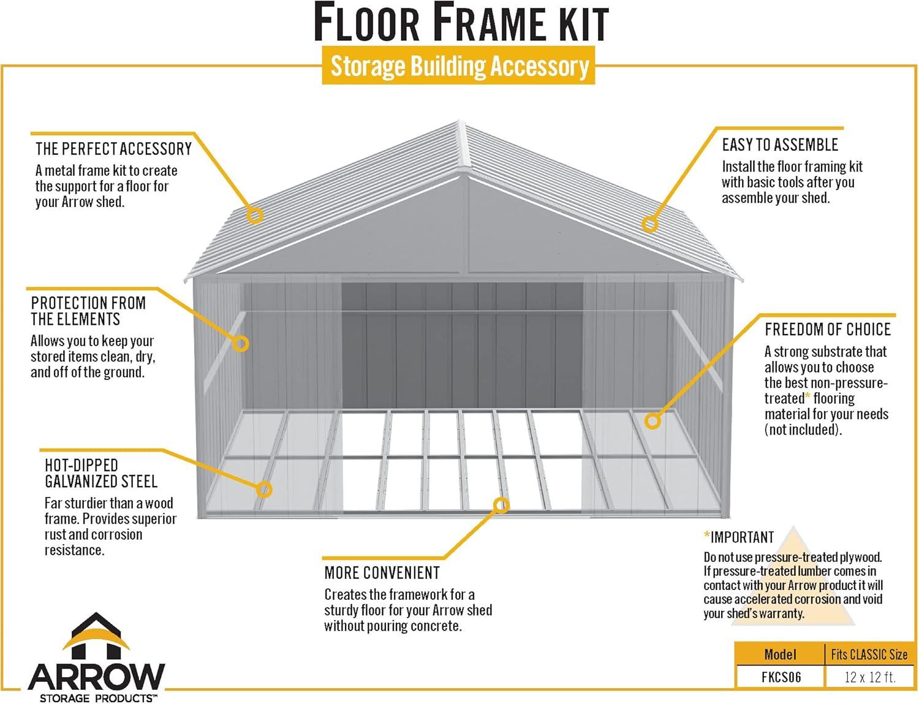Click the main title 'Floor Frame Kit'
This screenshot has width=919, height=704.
[x=461, y=23]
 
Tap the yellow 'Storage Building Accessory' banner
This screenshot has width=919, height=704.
[x=459, y=66]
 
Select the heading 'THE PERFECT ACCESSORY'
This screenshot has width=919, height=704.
[x=113, y=149]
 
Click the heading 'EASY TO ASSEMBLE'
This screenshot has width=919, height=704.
[x=779, y=145]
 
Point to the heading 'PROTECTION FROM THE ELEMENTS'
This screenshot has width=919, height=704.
[x=88, y=311]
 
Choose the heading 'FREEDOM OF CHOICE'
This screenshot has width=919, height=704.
[x=827, y=330]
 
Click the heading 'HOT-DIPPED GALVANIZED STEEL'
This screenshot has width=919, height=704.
[x=100, y=473]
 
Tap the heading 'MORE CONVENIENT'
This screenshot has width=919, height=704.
[x=382, y=573]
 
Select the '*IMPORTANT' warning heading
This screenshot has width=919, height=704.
[x=739, y=537]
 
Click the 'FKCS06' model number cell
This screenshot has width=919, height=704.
[x=781, y=677]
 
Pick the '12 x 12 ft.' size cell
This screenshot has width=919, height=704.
[x=869, y=677]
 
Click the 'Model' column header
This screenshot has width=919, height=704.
[x=780, y=654]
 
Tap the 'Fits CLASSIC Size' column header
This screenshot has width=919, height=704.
[x=869, y=654]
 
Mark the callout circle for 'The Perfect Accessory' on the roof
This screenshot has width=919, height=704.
[x=255, y=215]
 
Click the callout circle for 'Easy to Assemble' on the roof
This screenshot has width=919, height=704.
[x=649, y=224]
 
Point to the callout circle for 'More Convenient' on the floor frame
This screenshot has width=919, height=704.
[x=501, y=505]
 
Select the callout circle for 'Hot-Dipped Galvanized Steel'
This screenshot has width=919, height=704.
[x=264, y=489]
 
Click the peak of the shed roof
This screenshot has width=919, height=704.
[x=461, y=123]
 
